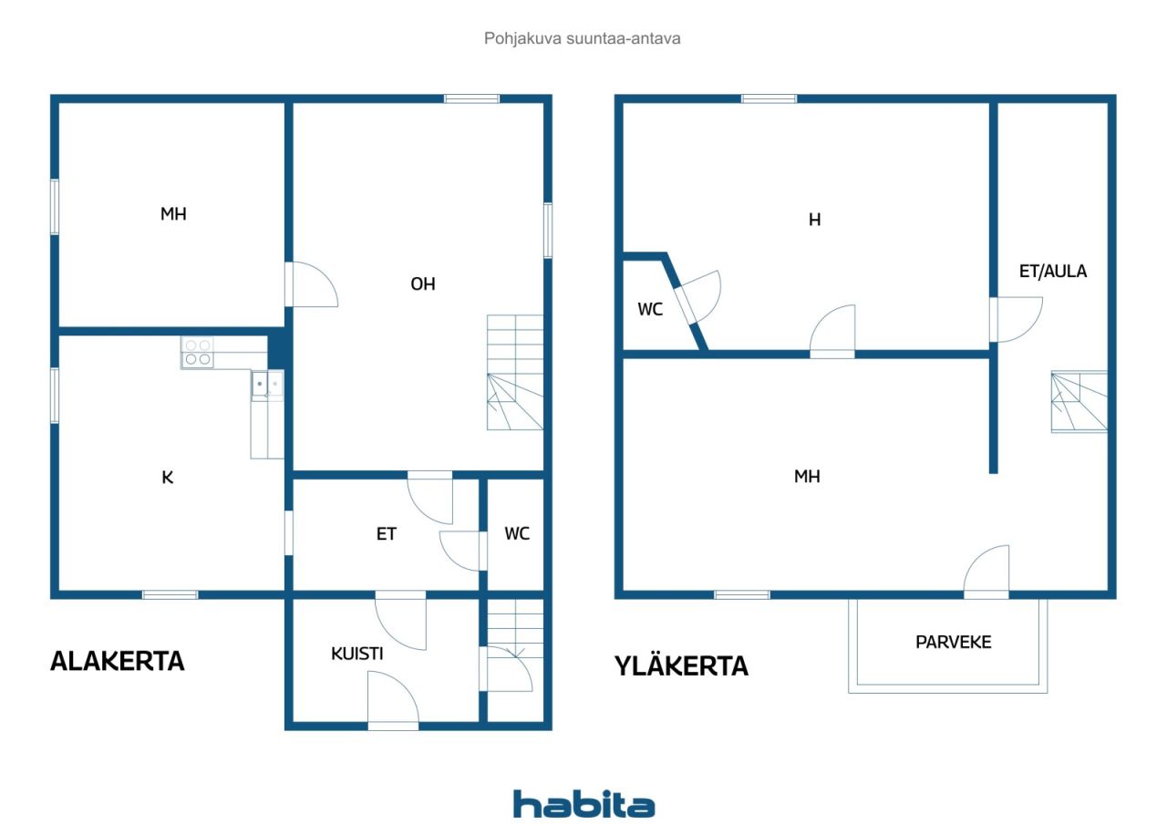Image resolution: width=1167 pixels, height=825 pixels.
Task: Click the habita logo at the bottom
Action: point(583,804)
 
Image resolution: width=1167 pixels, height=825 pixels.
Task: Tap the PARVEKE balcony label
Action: point(953,642)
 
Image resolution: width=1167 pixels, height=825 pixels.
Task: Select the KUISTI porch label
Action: point(356,653)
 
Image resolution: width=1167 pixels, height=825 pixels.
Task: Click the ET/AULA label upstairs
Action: point(1052,271)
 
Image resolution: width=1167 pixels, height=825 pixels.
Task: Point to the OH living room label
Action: point(422,284)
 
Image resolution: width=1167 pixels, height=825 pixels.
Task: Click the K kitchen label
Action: point(167,477)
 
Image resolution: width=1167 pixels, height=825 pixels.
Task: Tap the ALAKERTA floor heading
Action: point(118,661)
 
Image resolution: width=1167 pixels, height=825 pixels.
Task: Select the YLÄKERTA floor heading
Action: point(681,665)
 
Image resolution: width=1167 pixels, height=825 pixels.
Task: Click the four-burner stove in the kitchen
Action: point(198,352)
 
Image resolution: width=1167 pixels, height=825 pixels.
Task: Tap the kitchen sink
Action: point(267,386)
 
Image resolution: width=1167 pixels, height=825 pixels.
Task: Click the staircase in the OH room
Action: point(515,373)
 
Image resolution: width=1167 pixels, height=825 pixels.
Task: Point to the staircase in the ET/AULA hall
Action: point(1079,402)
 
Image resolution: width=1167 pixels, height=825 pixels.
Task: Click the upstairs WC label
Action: point(650,309)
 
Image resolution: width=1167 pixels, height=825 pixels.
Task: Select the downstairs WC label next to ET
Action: point(517,533)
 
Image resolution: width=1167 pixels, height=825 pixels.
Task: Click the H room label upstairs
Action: point(814,220)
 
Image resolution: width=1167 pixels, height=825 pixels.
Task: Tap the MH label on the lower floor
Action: point(173,213)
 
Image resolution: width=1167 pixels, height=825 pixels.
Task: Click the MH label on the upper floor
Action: point(807,476)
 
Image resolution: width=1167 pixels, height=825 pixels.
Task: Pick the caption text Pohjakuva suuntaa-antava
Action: point(582,38)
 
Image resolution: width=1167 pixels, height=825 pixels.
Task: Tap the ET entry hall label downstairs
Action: point(386,534)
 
